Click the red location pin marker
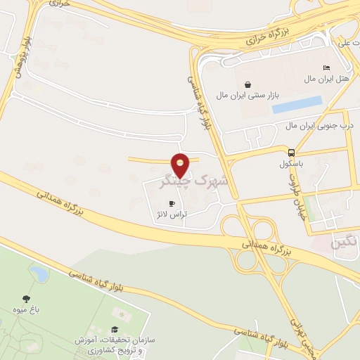coord(181,165)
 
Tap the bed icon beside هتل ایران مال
coord(325,67)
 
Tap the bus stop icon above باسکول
coord(291,152)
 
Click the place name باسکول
coord(291,163)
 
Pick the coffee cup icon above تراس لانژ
coord(171,203)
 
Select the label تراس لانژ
coord(172,214)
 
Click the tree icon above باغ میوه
coord(25,298)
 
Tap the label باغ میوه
coord(25,309)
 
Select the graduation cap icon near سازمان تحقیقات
coord(114,330)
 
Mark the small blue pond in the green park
coord(39,274)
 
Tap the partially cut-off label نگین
coord(347,243)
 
